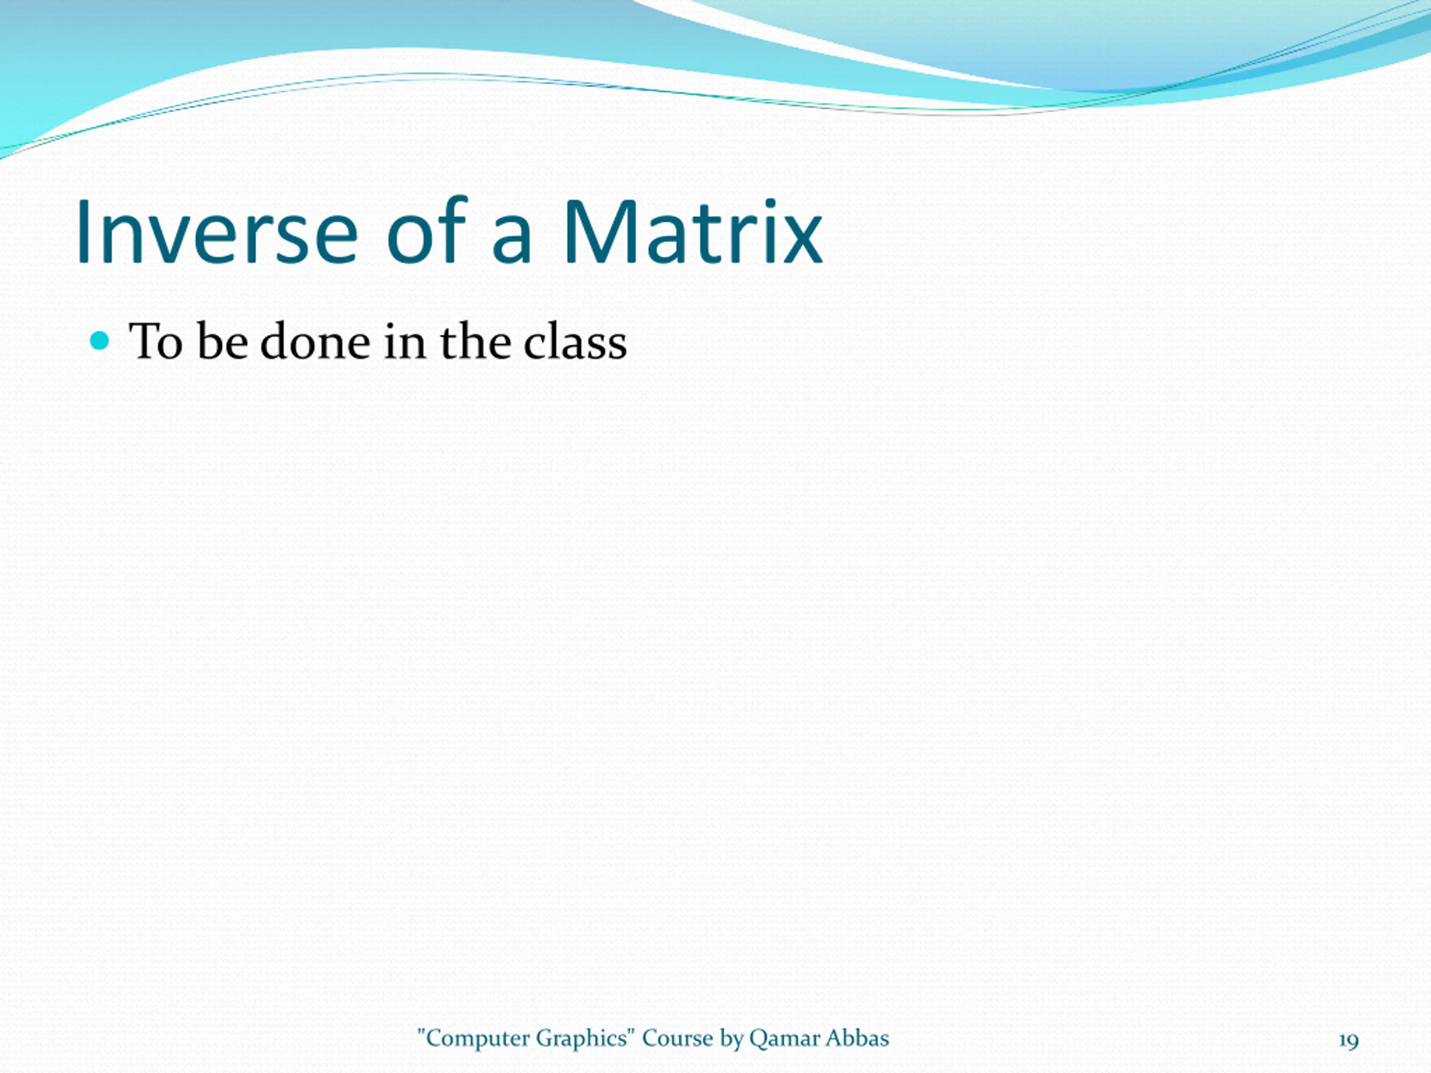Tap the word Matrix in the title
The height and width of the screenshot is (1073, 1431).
693,232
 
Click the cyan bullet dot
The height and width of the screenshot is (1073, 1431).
99,341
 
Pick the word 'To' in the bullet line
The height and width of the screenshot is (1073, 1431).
156,341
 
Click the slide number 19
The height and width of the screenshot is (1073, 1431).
1349,1041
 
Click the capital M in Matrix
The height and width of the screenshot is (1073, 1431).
599,232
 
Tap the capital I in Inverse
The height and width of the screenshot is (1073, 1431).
82,232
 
